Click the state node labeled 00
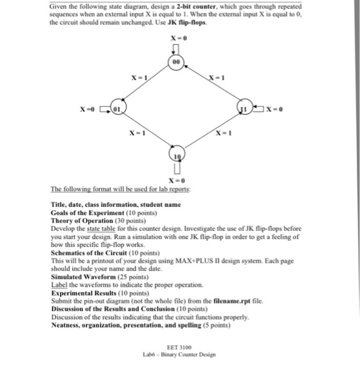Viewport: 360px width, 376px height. tap(177, 62)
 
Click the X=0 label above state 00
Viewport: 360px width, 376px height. tap(178, 38)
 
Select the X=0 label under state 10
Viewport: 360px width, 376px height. tap(177, 180)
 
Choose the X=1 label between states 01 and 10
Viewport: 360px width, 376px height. tap(138, 132)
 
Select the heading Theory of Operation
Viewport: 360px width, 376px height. tap(82, 221)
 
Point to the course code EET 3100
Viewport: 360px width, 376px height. tap(179, 348)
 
